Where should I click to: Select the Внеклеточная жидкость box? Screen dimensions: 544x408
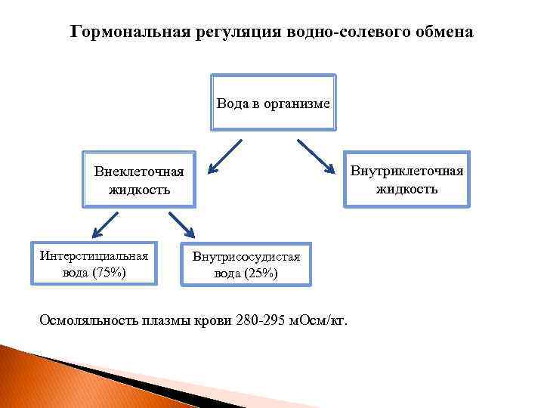point(139,180)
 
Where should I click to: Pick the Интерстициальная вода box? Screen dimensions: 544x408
point(94,263)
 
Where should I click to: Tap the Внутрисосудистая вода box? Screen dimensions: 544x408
point(246,264)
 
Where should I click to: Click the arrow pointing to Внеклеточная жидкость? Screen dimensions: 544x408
point(225,155)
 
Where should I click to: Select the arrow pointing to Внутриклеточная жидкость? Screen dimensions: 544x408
point(320,155)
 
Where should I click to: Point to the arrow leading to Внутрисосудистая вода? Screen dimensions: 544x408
point(181,224)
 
